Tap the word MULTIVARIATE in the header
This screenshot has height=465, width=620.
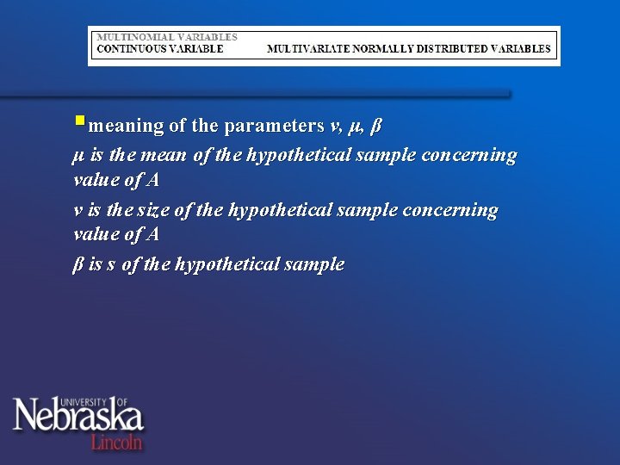coord(307,49)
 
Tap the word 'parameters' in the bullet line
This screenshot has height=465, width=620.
coord(273,127)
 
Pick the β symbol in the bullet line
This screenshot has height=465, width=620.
coord(375,127)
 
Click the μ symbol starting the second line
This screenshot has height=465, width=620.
coord(77,157)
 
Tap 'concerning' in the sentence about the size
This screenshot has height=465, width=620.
coord(455,210)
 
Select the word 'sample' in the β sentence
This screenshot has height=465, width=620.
coord(315,264)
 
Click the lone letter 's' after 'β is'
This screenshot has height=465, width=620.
coord(111,265)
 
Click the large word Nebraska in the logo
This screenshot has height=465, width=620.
coord(77,418)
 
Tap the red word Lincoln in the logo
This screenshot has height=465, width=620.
coord(117,442)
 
